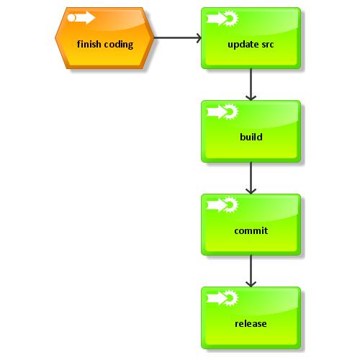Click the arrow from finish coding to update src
177,38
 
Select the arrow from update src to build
251,84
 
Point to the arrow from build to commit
251,177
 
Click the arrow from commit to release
251,271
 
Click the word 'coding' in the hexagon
119,45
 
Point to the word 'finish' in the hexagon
90,44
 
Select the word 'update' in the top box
242,44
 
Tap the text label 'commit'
251,231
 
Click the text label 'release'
251,324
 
